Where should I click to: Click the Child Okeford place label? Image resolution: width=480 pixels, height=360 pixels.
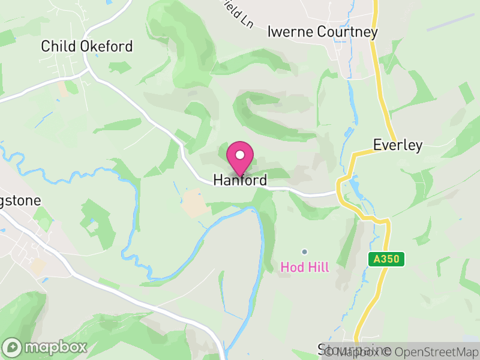86,46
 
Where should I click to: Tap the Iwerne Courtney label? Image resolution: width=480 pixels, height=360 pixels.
322,31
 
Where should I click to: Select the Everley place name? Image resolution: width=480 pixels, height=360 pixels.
398,145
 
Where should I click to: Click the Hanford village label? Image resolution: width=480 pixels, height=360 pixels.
240,179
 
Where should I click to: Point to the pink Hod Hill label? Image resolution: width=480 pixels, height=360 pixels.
305,267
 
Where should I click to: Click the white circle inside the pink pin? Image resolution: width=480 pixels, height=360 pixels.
240,155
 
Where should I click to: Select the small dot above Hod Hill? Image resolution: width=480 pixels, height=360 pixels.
305,251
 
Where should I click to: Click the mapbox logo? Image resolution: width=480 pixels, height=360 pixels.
46,347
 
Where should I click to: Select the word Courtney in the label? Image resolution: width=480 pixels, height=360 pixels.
349,31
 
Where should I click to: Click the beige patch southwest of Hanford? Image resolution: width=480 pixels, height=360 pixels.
193,202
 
